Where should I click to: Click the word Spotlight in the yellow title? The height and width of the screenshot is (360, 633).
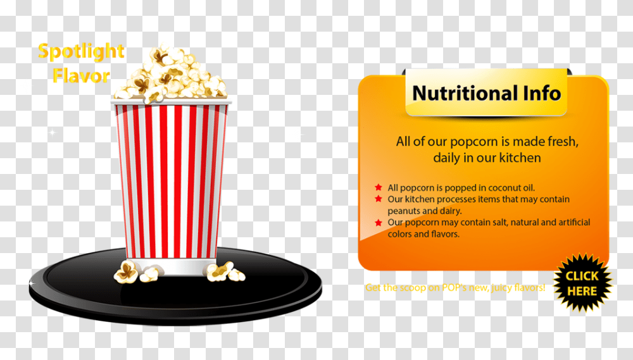[x=81, y=52]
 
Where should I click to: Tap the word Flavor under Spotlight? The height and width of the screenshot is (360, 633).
[x=81, y=76]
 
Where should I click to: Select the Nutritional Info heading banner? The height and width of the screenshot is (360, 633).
[x=486, y=94]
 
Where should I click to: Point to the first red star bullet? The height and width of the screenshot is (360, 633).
[x=378, y=187]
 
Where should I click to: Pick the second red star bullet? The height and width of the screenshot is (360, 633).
[x=378, y=199]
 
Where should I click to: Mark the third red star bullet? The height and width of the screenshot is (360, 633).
[x=378, y=222]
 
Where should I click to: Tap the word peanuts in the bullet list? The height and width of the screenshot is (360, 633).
[x=403, y=211]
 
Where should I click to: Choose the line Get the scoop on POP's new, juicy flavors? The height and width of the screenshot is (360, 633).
[x=454, y=288]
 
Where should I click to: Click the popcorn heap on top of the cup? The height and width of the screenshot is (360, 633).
[x=170, y=75]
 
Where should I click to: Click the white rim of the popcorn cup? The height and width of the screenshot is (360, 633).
[x=172, y=101]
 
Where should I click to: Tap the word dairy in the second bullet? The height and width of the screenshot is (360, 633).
[x=449, y=211]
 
